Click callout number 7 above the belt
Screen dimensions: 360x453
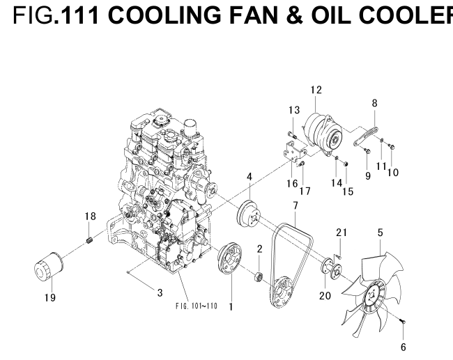coord(295,206)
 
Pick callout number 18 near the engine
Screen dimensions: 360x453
coord(90,217)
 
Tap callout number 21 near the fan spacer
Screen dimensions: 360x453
coord(341,232)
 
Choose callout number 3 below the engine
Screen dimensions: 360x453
coord(160,292)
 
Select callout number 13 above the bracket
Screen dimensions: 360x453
coord(293,110)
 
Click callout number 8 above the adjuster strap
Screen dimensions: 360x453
coord(375,103)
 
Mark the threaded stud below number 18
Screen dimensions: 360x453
coord(90,241)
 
